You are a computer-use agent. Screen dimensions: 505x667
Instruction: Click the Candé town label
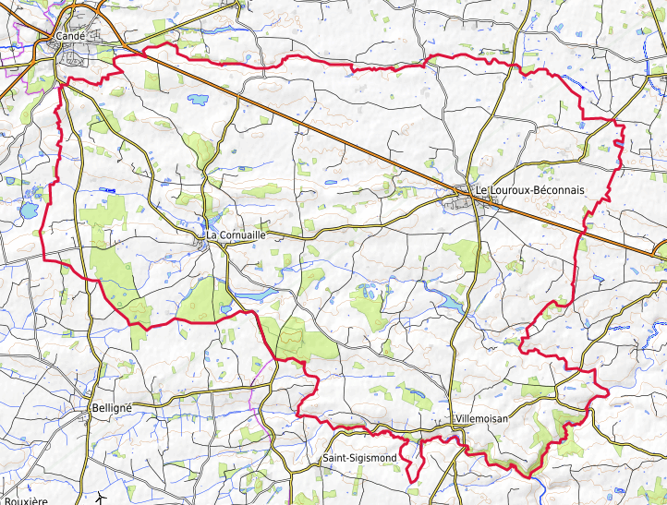(x=70, y=36)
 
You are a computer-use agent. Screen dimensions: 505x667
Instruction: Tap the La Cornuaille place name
(x=236, y=235)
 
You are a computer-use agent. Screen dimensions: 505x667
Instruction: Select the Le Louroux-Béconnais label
(x=529, y=190)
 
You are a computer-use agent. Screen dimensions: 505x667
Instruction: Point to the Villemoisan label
(x=481, y=418)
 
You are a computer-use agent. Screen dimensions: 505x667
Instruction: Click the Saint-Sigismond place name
(x=359, y=458)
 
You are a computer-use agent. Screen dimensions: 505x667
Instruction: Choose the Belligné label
(x=113, y=407)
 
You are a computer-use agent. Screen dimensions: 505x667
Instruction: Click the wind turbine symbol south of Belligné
(x=100, y=499)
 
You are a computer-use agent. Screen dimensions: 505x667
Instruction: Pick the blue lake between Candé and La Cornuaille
(x=198, y=97)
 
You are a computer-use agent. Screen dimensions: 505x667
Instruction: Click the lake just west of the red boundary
(x=28, y=210)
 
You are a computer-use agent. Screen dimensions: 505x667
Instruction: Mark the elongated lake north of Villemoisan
(x=449, y=303)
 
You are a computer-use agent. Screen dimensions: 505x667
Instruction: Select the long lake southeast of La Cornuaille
(x=258, y=295)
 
